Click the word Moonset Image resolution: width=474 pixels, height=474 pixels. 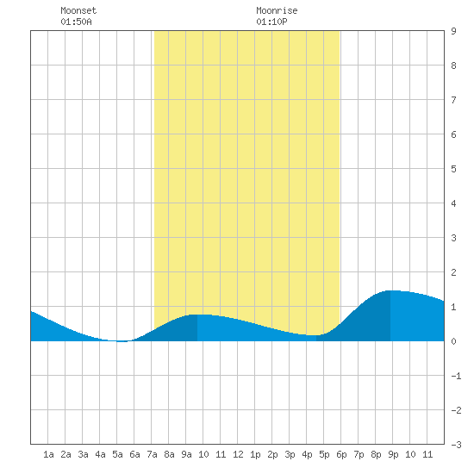78,10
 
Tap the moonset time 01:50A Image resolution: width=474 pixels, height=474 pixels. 76,22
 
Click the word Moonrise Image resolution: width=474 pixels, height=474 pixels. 277,10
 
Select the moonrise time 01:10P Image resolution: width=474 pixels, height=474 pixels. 271,22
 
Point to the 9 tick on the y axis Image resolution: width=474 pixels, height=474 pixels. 453,31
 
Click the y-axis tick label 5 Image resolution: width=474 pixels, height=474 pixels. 453,169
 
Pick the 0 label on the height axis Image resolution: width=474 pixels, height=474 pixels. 453,341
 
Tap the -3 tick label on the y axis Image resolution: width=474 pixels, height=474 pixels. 456,445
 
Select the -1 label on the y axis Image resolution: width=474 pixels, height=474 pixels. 456,376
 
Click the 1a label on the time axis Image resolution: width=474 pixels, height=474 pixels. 48,454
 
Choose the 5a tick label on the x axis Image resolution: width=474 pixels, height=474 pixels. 117,454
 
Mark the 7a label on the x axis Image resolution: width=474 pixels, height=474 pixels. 152,454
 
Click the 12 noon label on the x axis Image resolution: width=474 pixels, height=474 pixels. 238,454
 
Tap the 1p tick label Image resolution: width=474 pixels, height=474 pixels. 255,454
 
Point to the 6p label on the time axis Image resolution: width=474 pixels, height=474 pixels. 341,454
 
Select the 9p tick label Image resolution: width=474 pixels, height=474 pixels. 393,454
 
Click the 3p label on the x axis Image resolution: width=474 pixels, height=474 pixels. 290,454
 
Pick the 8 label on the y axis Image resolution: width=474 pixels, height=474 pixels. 453,65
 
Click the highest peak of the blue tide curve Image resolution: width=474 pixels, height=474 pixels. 390,290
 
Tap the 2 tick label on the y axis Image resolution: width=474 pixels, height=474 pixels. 453,272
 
